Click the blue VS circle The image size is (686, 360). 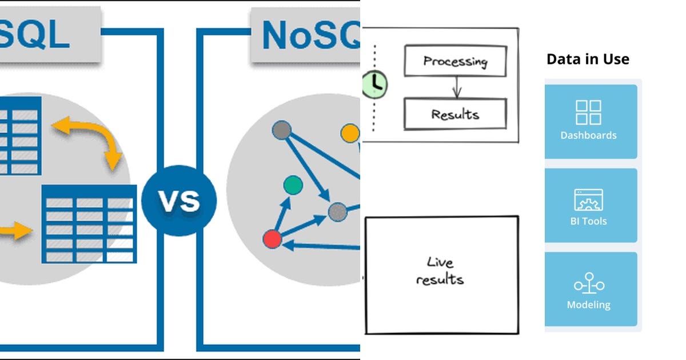179,201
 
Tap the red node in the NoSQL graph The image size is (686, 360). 273,239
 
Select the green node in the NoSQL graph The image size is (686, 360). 293,185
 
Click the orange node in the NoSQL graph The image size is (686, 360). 350,134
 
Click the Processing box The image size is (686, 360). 455,61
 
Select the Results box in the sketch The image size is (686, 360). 455,114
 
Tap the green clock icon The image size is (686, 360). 375,84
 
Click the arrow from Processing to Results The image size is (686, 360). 456,87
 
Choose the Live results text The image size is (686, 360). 440,271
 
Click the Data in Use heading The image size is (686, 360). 588,59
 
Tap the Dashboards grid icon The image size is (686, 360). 588,112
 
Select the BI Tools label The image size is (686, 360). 588,221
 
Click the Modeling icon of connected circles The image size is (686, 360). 589,284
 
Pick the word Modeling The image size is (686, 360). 588,305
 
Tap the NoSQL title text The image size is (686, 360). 309,35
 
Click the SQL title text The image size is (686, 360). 34,35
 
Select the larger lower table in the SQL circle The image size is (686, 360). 89,224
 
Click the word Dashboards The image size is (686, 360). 588,135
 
